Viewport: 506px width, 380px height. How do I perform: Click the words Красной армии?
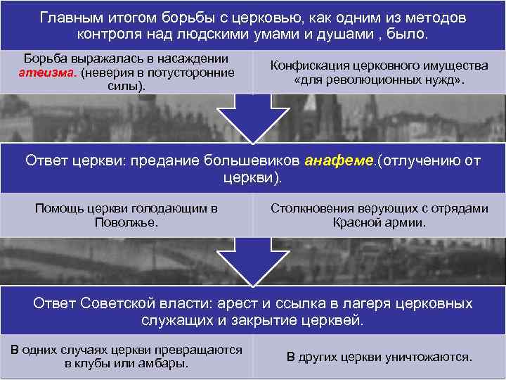click(379, 222)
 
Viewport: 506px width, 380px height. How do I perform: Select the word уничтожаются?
click(428, 357)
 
